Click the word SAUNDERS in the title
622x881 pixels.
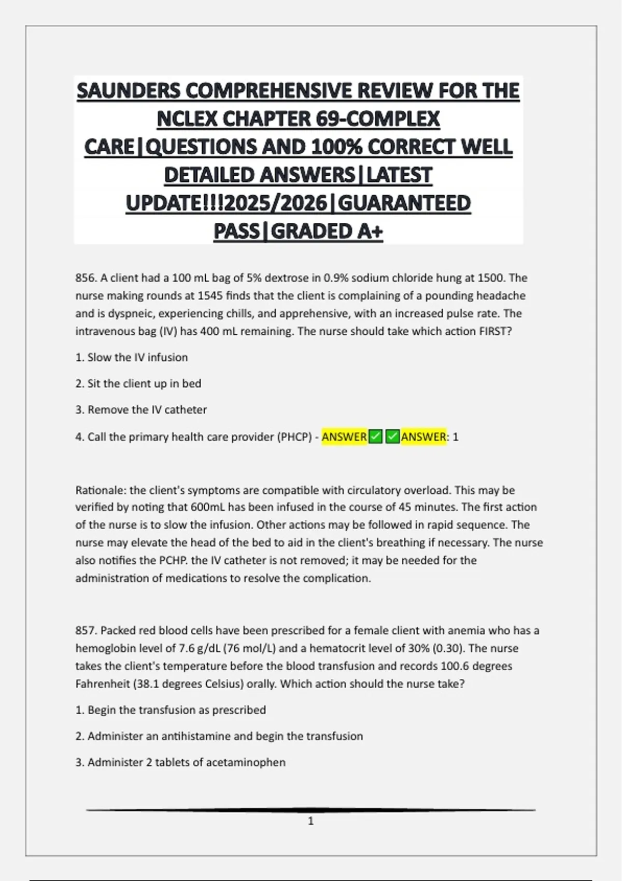[129, 91]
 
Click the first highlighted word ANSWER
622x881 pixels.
[344, 437]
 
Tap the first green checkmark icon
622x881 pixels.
[375, 437]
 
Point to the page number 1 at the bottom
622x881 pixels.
[311, 821]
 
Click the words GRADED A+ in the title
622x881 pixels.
[327, 231]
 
